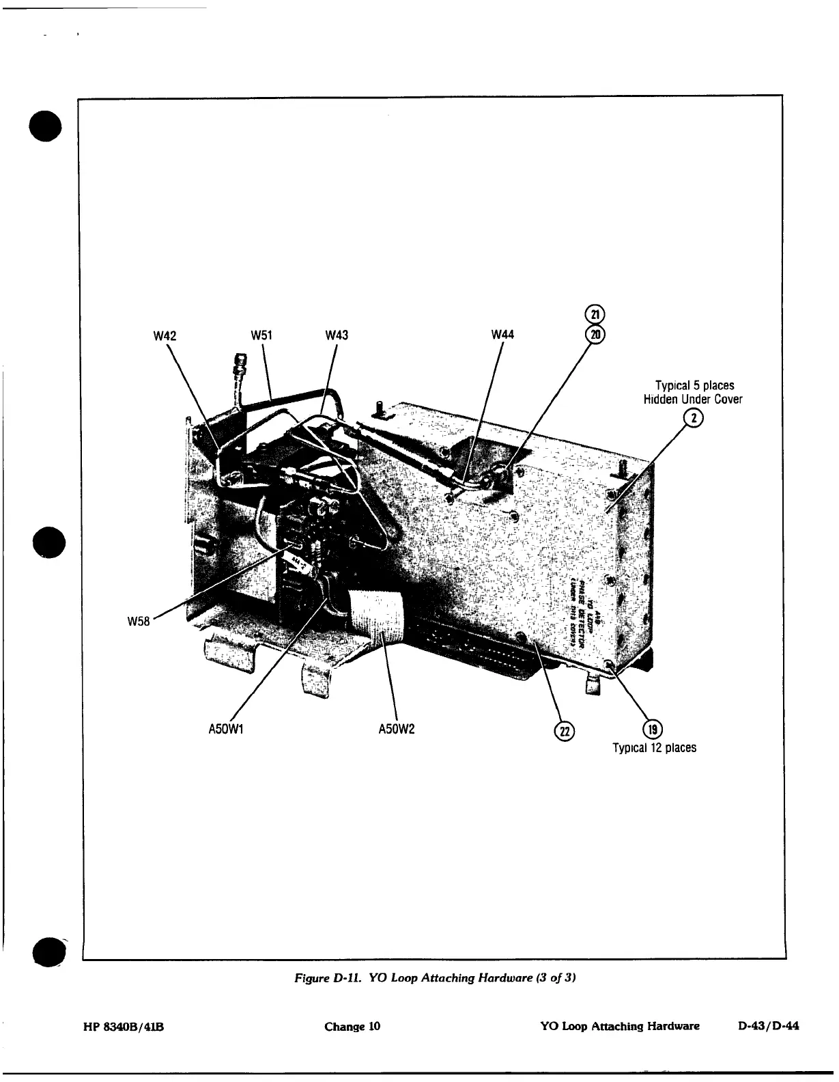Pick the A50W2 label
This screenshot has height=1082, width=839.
pos(397,729)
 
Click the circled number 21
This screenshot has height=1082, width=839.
pos(595,315)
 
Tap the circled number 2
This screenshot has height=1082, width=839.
pos(694,419)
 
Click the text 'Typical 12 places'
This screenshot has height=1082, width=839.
pos(654,748)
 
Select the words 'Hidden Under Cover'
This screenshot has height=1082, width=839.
pos(692,400)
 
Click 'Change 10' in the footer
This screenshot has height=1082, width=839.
pos(352,1026)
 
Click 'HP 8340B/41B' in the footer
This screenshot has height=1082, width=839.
pos(120,1026)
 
